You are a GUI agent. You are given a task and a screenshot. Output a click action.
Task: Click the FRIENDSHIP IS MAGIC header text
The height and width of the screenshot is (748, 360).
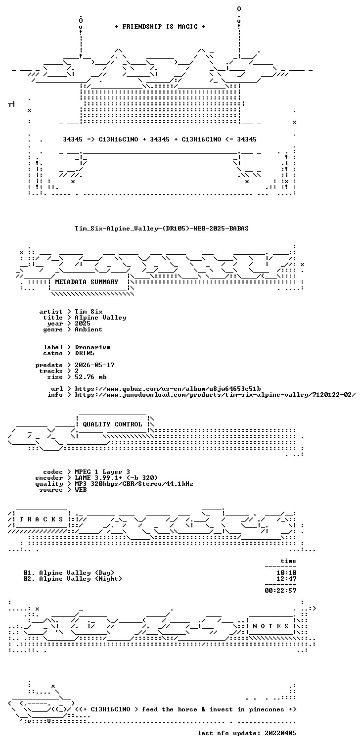[160, 27]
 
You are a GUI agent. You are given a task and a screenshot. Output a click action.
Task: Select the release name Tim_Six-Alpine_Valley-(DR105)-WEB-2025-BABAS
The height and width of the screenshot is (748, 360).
[162, 229]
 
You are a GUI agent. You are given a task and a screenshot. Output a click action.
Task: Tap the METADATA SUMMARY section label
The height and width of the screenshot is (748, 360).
[87, 282]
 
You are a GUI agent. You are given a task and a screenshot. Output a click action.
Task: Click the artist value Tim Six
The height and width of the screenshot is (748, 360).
[89, 312]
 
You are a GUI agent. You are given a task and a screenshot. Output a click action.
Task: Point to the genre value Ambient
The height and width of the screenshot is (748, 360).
[89, 329]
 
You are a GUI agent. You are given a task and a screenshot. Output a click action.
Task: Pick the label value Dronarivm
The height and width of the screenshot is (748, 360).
[92, 347]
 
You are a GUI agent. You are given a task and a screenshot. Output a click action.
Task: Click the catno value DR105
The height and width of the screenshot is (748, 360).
[85, 353]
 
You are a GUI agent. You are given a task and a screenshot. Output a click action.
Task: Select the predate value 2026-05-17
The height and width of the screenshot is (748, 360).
[94, 365]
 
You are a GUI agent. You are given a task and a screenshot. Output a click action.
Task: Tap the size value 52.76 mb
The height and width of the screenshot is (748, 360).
[90, 377]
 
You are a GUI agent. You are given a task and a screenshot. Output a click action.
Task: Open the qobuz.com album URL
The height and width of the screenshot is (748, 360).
[168, 389]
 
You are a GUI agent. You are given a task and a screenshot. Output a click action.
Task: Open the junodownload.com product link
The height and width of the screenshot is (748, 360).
[215, 395]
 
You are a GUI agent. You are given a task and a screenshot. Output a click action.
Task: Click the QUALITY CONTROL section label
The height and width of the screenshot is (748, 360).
[112, 424]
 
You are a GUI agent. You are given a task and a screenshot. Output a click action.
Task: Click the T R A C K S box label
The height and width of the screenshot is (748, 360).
[41, 519]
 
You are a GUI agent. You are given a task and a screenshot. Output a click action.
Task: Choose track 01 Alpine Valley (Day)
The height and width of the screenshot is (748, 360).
[69, 573]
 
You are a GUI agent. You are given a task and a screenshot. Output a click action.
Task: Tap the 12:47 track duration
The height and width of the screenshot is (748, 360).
[286, 579]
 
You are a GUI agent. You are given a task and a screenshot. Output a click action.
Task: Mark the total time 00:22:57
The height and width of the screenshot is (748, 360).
[280, 590]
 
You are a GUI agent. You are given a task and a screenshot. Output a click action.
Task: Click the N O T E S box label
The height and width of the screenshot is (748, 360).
[270, 626]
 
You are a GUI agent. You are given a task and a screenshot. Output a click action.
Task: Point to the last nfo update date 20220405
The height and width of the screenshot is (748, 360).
[280, 733]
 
